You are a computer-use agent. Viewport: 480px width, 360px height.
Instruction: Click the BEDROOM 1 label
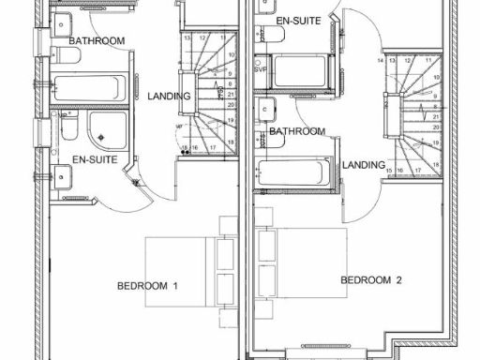[147, 285]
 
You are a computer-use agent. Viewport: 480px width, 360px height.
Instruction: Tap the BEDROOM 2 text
[371, 279]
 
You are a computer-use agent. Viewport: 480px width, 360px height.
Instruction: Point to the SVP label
[261, 69]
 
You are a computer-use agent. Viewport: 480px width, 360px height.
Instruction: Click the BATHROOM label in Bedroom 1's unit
[97, 41]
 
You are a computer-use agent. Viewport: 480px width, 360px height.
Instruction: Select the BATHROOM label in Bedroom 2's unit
[297, 131]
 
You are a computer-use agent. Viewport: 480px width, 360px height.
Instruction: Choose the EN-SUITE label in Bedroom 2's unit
[299, 19]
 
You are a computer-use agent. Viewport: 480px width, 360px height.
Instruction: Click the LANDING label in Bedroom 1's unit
[170, 96]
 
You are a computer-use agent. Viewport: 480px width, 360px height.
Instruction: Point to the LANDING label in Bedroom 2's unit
[364, 165]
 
